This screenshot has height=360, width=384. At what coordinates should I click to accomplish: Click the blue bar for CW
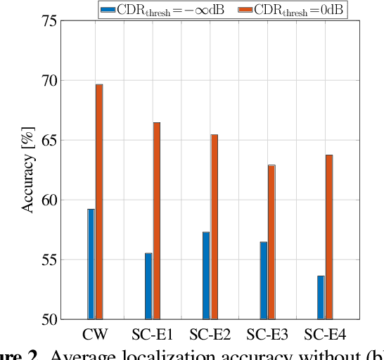click(x=91, y=264)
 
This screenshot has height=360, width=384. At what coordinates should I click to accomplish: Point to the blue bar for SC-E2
click(x=206, y=275)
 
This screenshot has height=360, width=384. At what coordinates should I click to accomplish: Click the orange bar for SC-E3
click(x=272, y=242)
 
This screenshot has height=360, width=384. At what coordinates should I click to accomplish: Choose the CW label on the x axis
click(x=95, y=333)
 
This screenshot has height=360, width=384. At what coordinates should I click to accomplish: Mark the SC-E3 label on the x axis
click(x=268, y=333)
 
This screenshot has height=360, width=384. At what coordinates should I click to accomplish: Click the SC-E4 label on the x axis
click(x=326, y=333)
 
